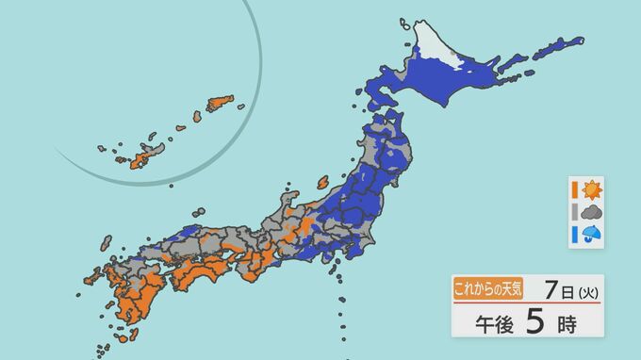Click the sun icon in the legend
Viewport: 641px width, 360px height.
pyautogui.click(x=591, y=188)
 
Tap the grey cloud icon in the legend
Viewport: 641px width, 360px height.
pyautogui.click(x=591, y=212)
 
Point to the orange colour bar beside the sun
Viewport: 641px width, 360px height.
pyautogui.click(x=573, y=188)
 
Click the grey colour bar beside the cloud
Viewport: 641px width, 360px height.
pyautogui.click(x=573, y=212)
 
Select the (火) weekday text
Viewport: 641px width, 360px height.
pyautogui.click(x=584, y=288)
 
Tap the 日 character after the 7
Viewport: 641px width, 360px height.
pyautogui.click(x=566, y=288)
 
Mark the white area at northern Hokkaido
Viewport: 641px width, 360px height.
pyautogui.click(x=434, y=47)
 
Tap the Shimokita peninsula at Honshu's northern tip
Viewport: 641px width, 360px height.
pyautogui.click(x=396, y=119)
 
